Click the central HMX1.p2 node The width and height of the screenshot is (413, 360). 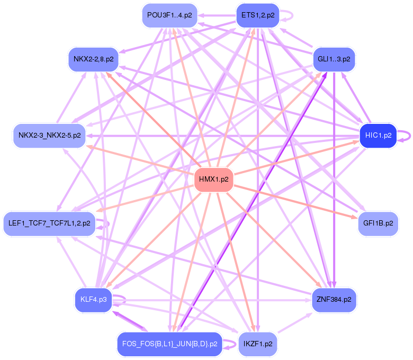click(213, 179)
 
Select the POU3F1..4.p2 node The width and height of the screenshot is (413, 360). click(169, 15)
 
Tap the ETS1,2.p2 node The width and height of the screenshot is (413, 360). click(258, 15)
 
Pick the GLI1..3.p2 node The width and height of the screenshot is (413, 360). click(334, 59)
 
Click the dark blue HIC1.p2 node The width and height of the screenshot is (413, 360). click(378, 136)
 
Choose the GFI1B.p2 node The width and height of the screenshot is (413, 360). click(378, 223)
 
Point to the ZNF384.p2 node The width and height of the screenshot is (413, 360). click(334, 300)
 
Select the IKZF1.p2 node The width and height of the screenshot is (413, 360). click(258, 344)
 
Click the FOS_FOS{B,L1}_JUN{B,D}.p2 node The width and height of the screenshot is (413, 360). click(170, 344)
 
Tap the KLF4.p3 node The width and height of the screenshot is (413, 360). click(94, 300)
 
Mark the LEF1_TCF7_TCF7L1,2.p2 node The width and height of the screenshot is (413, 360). click(50, 223)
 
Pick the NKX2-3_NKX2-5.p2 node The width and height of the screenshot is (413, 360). click(50, 136)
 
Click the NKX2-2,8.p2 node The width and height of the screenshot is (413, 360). click(94, 59)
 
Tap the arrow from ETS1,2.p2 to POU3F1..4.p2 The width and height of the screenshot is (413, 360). click(217, 15)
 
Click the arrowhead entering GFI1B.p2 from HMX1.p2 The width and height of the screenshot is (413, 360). click(355, 217)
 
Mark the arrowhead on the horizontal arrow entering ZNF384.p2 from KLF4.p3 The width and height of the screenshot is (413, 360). click(308, 300)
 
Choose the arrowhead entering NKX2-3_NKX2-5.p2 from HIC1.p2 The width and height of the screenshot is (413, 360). click(89, 136)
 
